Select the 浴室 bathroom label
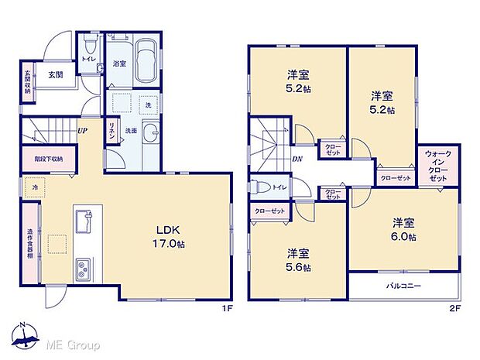coord(119,63)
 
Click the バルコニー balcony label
coord(403,286)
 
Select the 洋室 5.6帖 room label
coord(299,260)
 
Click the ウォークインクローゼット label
coord(438,166)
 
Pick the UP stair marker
coord(81,130)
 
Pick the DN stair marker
coord(297,160)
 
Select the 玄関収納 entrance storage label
coord(27,82)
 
